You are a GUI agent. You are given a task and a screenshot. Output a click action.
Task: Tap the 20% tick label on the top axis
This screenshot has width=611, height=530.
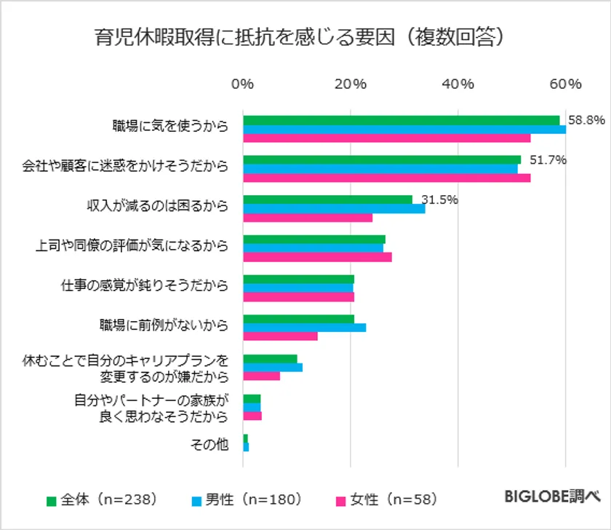350,84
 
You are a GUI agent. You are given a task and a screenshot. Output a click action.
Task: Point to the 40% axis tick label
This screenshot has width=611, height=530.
458,84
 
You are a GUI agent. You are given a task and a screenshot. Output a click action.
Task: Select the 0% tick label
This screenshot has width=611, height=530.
242,84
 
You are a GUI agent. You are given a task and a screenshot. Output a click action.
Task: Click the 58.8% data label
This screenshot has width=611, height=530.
586,120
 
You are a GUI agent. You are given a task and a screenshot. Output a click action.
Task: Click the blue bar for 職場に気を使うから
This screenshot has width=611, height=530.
404,130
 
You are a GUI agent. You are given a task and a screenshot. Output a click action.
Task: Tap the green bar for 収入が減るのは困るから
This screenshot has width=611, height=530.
327,199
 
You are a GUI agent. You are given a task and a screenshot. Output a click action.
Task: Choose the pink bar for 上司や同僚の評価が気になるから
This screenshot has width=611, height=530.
317,257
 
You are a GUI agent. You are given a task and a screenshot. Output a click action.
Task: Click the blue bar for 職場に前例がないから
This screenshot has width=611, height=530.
304,328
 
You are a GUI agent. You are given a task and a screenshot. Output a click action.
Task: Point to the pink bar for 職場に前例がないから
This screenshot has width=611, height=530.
280,336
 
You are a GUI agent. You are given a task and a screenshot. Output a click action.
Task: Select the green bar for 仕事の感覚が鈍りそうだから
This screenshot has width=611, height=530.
298,279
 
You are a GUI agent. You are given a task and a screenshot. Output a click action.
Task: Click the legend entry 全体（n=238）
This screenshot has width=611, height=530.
102,500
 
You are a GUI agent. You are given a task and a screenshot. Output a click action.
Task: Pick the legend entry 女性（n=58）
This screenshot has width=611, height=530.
386,500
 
